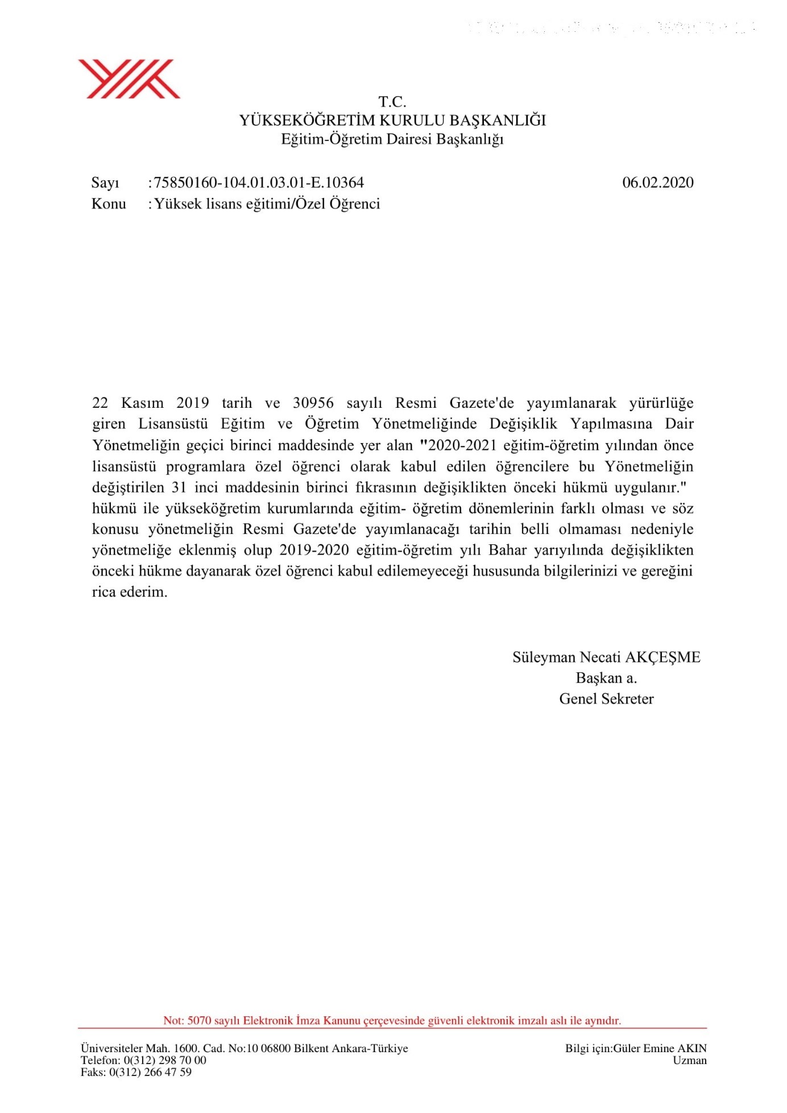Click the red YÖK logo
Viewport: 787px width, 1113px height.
tap(129, 79)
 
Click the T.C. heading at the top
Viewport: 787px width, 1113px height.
tap(392, 102)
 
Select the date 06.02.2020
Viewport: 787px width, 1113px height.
tap(658, 183)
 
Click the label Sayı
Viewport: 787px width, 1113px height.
tap(105, 183)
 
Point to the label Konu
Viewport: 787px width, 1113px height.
tap(109, 204)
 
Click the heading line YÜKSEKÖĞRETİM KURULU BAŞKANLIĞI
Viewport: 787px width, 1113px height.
tap(392, 121)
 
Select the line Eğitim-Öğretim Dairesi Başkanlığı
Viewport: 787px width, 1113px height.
tap(392, 139)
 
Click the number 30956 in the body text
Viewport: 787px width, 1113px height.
tap(313, 403)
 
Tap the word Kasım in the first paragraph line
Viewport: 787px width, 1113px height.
tap(142, 403)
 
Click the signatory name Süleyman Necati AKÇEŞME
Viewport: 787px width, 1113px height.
tap(606, 657)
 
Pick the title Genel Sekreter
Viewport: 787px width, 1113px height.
tap(606, 699)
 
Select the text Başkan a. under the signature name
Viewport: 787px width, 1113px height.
tap(606, 678)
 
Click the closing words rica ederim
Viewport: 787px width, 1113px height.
tap(130, 592)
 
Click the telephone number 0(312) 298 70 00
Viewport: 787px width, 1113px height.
tap(165, 1060)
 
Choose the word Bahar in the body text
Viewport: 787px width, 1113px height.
tap(507, 551)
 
